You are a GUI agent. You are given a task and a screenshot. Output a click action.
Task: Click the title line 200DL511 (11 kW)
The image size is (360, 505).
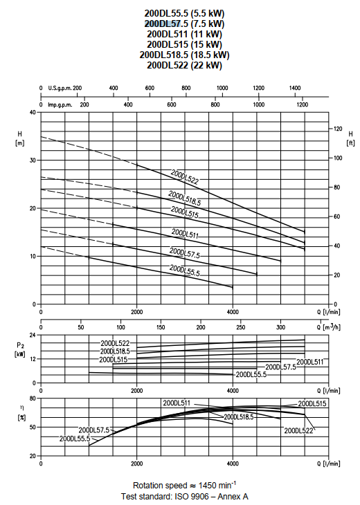click(184, 34)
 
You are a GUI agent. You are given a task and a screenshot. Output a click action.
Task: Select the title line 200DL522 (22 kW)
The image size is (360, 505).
click(184, 65)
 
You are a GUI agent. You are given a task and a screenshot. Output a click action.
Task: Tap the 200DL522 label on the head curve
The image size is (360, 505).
click(185, 177)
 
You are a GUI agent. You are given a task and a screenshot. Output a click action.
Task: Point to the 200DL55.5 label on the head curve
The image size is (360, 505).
click(185, 270)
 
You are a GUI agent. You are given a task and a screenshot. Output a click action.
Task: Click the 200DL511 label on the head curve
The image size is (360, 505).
click(185, 234)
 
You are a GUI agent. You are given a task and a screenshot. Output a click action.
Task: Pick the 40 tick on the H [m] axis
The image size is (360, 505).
click(33, 112)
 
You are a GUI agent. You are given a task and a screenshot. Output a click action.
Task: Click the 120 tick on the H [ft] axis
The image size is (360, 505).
click(338, 129)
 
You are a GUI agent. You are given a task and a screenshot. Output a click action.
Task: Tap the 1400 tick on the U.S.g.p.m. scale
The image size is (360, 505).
click(295, 88)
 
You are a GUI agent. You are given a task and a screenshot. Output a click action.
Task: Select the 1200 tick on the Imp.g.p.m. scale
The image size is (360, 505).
click(303, 104)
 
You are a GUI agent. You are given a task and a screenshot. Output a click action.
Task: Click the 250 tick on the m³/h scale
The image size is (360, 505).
click(241, 327)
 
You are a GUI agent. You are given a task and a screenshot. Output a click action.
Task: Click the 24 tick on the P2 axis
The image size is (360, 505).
click(33, 335)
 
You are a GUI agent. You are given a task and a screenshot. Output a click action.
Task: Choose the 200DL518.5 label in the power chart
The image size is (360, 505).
click(115, 351)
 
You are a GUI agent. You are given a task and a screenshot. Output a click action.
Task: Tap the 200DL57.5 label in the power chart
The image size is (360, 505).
click(280, 367)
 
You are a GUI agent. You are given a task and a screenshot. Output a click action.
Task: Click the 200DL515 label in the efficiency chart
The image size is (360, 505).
click(312, 403)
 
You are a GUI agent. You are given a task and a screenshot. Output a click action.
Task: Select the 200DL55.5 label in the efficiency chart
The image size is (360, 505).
click(75, 439)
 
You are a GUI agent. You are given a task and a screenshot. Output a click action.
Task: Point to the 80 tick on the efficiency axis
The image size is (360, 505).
click(33, 398)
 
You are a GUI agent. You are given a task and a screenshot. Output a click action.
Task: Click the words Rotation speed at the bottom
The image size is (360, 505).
click(160, 486)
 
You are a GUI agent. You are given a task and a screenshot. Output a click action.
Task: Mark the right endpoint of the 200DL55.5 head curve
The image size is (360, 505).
click(233, 287)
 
